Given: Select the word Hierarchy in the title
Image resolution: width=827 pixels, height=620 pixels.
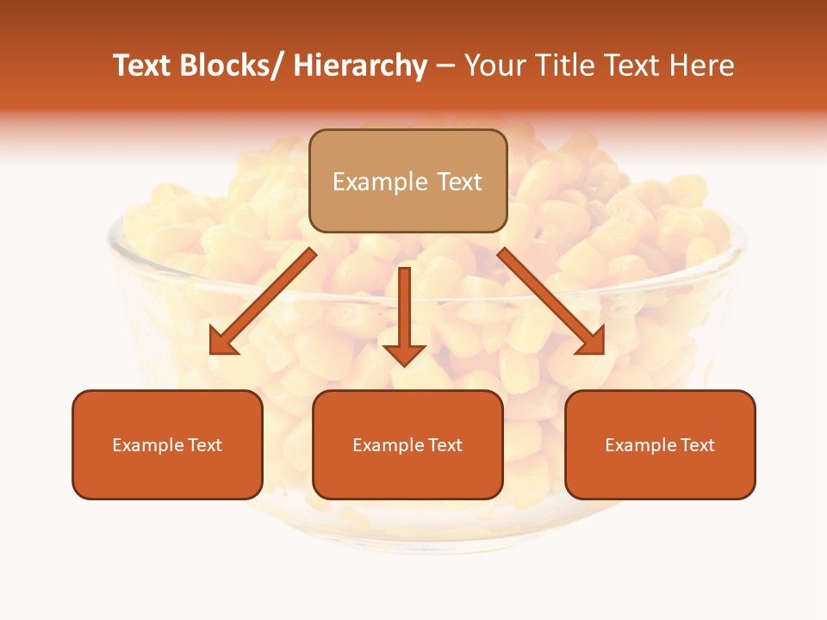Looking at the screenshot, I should click(360, 65).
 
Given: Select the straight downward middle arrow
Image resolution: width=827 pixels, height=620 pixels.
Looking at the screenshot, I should click(404, 310).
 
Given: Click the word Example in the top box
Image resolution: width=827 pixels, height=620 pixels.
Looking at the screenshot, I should click(380, 182).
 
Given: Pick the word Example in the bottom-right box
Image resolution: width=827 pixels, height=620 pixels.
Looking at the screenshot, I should click(641, 445).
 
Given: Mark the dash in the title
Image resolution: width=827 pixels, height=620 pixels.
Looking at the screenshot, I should click(445, 65).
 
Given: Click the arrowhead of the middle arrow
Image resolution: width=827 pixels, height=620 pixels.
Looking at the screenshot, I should click(404, 354).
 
